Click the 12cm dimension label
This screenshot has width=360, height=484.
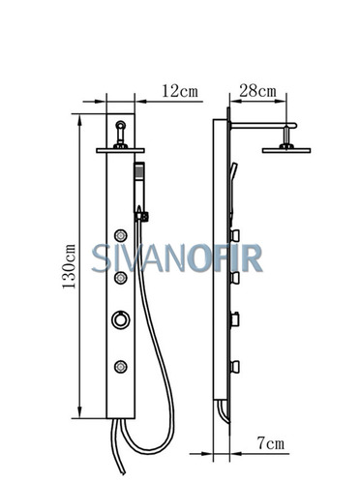(x=180, y=91)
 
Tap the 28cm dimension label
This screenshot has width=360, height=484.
(x=257, y=91)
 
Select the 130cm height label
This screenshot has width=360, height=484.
(x=70, y=266)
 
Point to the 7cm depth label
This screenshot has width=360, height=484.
(x=271, y=443)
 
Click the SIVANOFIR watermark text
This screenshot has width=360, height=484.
(x=176, y=258)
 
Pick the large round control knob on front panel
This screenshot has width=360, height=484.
(x=121, y=319)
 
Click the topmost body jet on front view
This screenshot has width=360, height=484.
(x=121, y=235)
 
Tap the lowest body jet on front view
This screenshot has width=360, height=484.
(x=121, y=367)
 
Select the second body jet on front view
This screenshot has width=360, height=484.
(x=121, y=278)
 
